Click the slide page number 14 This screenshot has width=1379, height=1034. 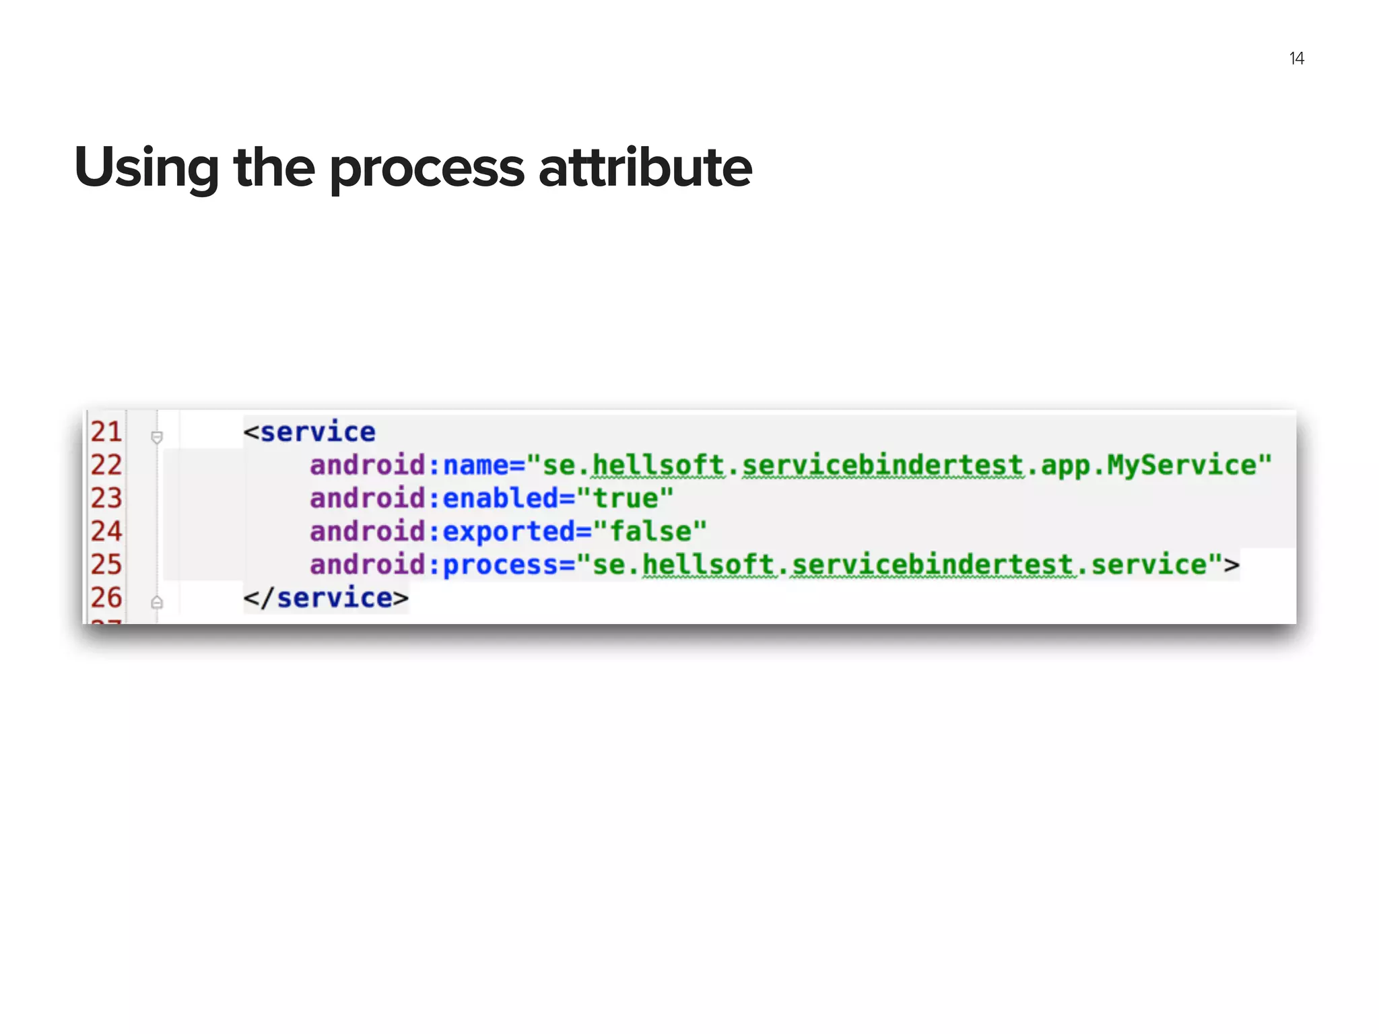[x=1296, y=59]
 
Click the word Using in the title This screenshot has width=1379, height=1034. [x=147, y=168]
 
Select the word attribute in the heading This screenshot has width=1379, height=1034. [x=645, y=168]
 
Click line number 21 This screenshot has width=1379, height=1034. [x=106, y=432]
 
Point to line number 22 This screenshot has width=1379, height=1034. [x=106, y=465]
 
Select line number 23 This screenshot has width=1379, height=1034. [x=106, y=498]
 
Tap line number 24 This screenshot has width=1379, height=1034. [x=106, y=531]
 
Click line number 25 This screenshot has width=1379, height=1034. [x=106, y=564]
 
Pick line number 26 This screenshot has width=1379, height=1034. [x=106, y=598]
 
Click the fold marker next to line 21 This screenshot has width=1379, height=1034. [x=157, y=438]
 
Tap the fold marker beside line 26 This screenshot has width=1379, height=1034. [x=157, y=602]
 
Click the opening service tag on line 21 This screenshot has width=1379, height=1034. [x=310, y=432]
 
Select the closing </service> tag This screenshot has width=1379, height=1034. [x=326, y=598]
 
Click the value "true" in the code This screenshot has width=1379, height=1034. [x=626, y=498]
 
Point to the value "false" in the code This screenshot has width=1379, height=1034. [x=650, y=531]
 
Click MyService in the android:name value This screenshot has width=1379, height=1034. [x=1182, y=465]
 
